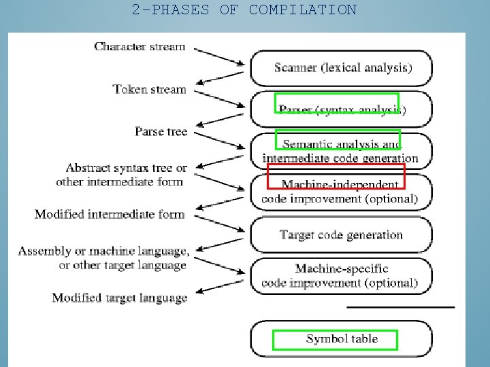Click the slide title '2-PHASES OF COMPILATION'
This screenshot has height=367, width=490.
244,10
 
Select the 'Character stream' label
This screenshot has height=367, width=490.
140,46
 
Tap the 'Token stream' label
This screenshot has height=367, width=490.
149,89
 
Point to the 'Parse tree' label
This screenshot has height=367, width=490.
161,131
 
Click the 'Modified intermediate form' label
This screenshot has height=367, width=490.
110,214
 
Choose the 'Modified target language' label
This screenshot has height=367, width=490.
120,298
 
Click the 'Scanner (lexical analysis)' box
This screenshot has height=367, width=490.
342,67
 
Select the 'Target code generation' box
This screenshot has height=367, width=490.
341,235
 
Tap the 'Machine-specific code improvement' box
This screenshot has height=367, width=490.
340,276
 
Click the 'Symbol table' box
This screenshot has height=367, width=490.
341,338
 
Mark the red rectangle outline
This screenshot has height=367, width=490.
336,176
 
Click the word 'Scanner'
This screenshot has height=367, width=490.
295,67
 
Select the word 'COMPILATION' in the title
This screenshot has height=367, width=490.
302,10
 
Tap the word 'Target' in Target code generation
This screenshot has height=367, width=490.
296,235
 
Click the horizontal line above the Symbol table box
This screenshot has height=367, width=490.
400,308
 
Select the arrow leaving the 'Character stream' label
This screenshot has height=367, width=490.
218,56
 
